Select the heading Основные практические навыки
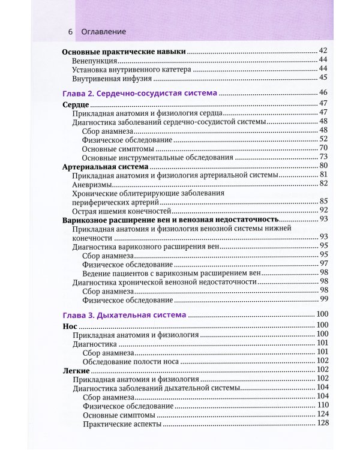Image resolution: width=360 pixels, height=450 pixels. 124,52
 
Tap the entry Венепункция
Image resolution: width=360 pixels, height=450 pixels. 94,61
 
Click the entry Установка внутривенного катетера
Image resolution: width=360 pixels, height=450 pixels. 131,70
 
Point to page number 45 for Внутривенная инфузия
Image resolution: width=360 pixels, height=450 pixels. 322,78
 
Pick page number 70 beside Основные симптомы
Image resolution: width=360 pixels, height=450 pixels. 322,148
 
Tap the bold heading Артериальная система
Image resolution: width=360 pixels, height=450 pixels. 104,166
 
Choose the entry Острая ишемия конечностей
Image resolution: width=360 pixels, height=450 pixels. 121,211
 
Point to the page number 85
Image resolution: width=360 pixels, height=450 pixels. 322,202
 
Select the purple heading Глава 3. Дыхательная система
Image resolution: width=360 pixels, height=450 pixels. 124,314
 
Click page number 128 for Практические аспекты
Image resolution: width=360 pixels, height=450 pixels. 321,424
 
